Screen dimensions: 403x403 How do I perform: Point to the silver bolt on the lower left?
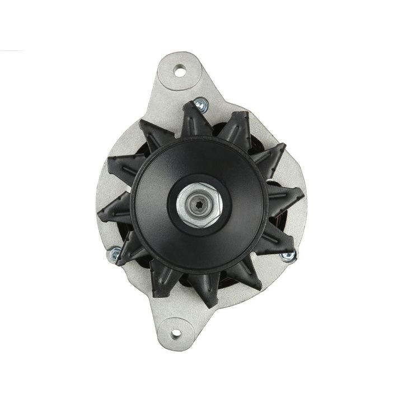point(115,253)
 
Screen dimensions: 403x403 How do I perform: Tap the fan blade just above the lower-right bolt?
point(277,235)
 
